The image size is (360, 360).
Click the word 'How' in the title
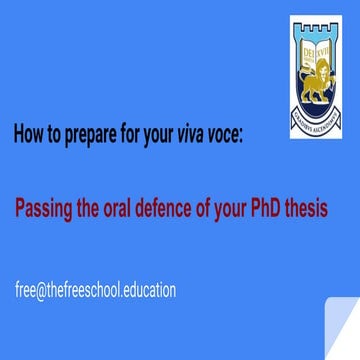[28, 136]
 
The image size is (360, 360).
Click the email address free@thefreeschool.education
[94, 291]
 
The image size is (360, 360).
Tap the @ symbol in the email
[41, 291]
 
